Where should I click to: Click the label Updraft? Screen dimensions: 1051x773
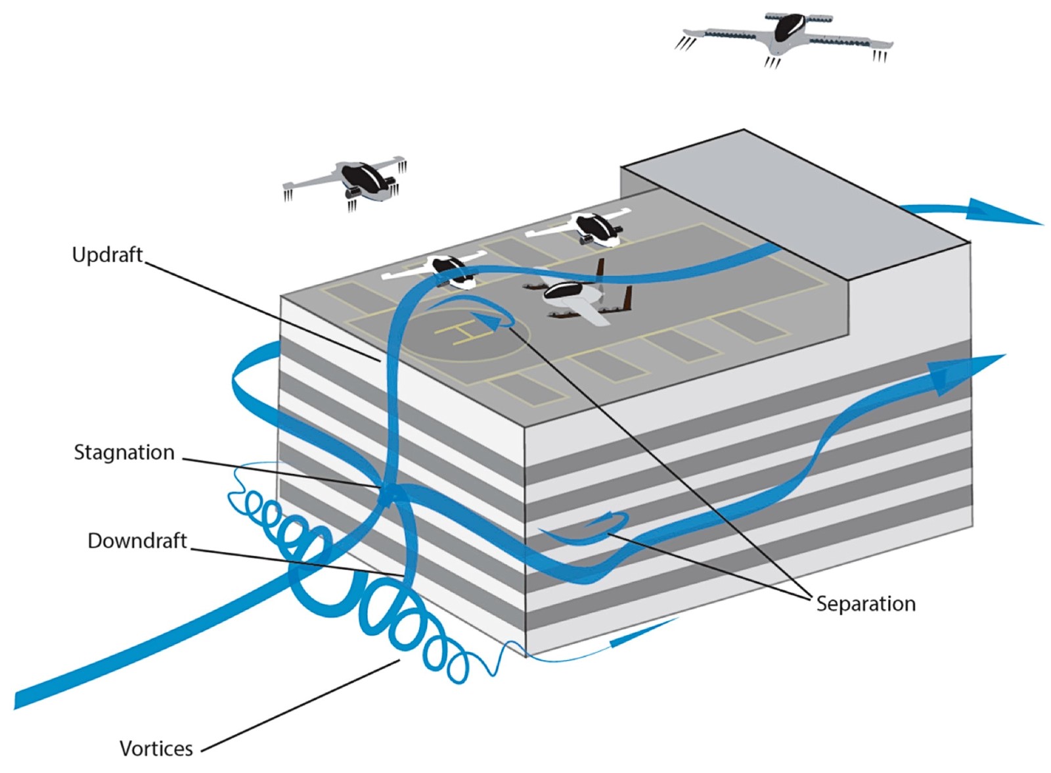(107, 256)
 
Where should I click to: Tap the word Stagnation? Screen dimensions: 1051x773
(124, 453)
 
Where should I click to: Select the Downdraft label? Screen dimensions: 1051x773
(137, 541)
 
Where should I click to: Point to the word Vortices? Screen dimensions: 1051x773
(156, 749)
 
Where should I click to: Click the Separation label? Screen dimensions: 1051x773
(866, 604)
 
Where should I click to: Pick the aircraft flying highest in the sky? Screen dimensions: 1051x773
(784, 40)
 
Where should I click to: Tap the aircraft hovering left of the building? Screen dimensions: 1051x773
(345, 183)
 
